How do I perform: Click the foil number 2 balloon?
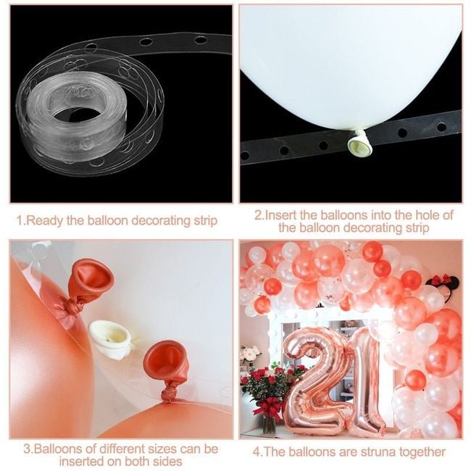tap(314, 380)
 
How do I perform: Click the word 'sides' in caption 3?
tap(167, 462)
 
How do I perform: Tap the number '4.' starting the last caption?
tap(257, 452)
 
